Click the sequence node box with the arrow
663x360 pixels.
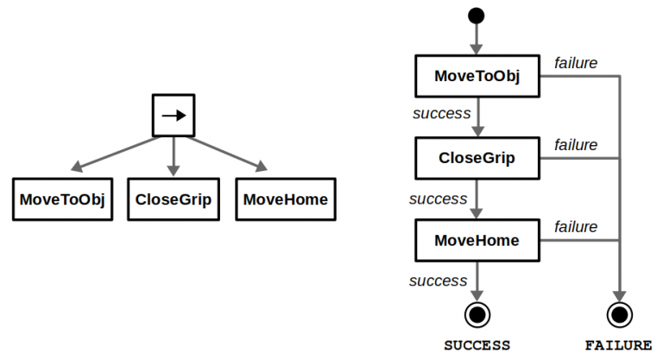click(174, 115)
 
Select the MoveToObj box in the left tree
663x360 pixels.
click(62, 199)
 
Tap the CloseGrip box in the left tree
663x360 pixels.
click(174, 199)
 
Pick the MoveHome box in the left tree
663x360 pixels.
click(286, 199)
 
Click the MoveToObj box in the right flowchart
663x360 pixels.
click(477, 76)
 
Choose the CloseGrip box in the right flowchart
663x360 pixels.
click(477, 158)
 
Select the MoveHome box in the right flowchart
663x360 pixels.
click(477, 240)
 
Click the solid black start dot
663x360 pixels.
click(477, 16)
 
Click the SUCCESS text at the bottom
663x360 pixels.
click(477, 345)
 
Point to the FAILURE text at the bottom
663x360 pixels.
click(618, 345)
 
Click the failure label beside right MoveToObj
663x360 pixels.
click(576, 62)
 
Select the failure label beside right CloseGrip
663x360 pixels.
click(576, 144)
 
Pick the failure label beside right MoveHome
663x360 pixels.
click(576, 226)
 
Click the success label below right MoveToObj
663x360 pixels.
click(441, 113)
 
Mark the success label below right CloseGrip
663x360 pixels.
click(438, 199)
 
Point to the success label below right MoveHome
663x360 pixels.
click(438, 281)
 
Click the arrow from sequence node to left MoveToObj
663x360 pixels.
click(117, 154)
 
